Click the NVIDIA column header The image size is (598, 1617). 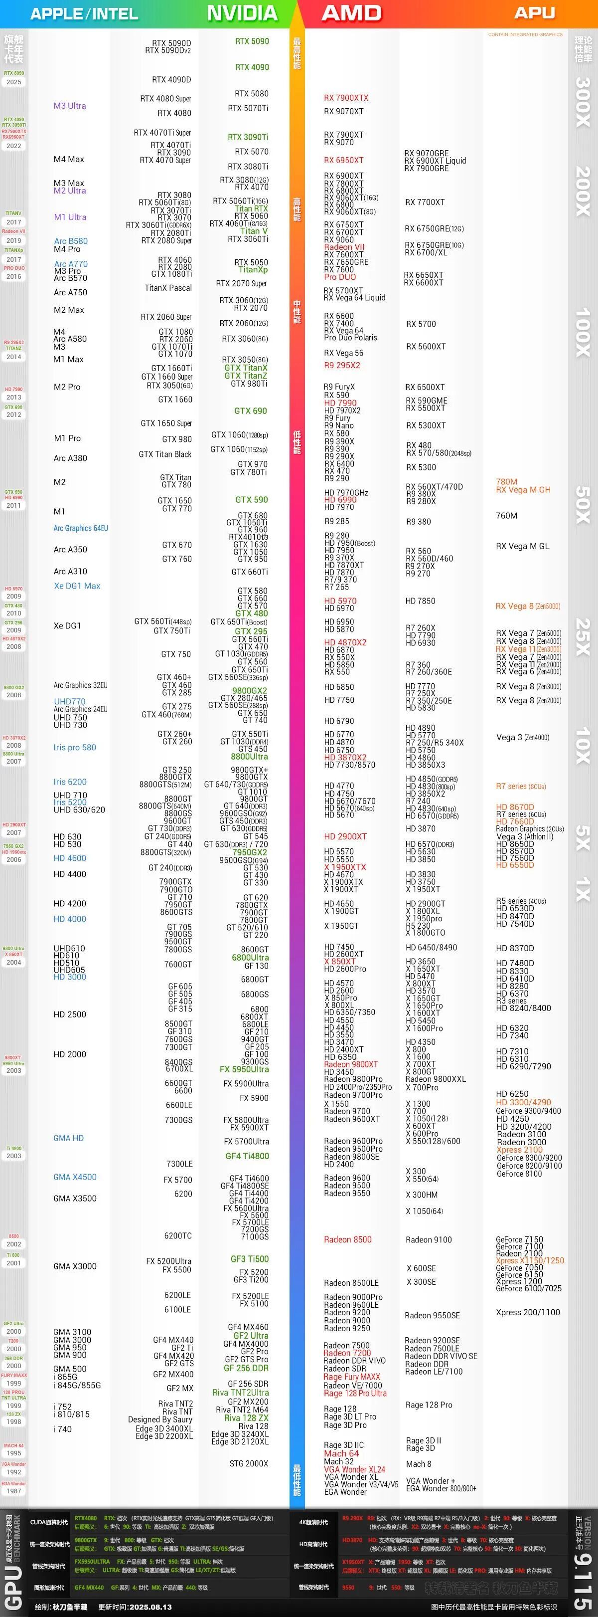(x=242, y=13)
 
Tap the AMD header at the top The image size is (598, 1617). (x=351, y=13)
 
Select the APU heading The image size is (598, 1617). (x=534, y=13)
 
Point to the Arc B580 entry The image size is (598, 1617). (x=71, y=241)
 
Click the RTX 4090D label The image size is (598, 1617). (x=171, y=80)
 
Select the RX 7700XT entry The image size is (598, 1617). (x=425, y=202)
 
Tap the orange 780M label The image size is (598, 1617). (x=506, y=482)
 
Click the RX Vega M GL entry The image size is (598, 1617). (x=522, y=546)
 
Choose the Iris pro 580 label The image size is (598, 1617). (x=75, y=748)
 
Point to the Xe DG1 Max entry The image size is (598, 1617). (x=77, y=586)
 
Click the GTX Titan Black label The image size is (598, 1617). (x=165, y=454)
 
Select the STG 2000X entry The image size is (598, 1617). (x=249, y=1463)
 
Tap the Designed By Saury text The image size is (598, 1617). (x=160, y=1419)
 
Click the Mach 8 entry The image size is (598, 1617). (x=419, y=1464)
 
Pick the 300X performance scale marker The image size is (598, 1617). (x=583, y=102)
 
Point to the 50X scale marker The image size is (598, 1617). (x=583, y=505)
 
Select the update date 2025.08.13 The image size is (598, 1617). (x=150, y=1607)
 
